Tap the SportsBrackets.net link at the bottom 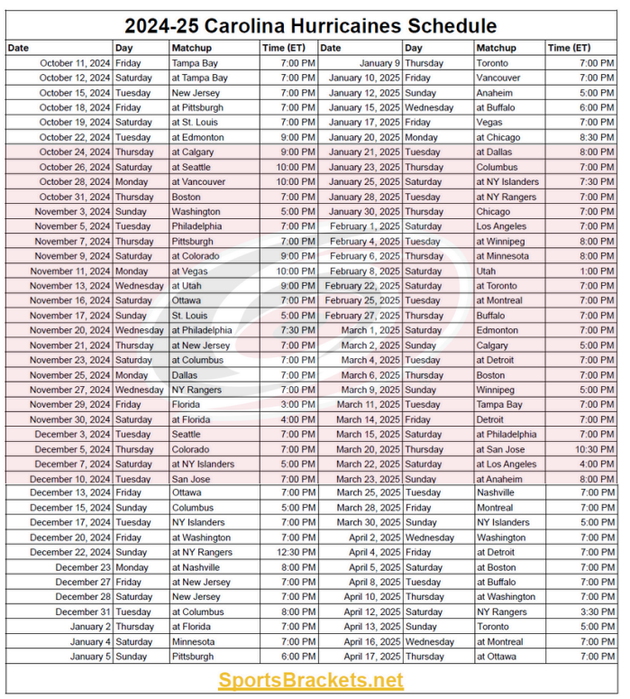pos(310,680)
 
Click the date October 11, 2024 pos(75,63)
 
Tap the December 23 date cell pos(83,567)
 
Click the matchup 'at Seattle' pos(192,167)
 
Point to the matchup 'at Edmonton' pos(197,137)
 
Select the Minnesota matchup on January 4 pos(194,641)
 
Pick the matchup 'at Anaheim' pos(498,479)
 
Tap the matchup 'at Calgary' pos(192,152)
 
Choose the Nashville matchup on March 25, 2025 pos(496,493)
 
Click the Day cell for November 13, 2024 pos(139,286)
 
